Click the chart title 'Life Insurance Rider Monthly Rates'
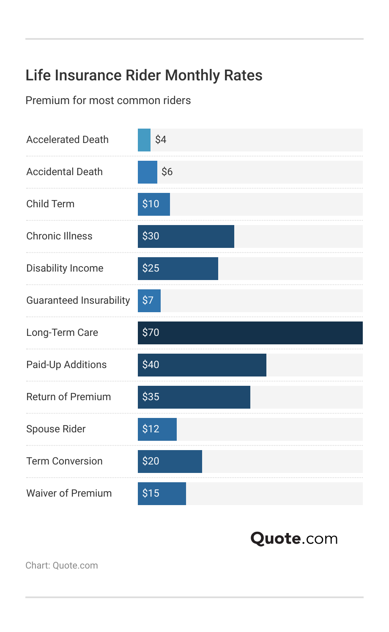144,75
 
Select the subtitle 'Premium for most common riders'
108,100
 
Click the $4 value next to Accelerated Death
161,140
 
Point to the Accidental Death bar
147,172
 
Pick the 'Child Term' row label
50,204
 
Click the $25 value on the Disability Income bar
151,268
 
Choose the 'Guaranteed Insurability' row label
78,300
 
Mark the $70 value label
151,332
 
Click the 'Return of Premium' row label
68,397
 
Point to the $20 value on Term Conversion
151,461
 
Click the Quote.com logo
294,539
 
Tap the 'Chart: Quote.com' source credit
61,566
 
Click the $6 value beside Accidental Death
167,172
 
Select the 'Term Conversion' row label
64,461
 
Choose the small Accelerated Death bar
144,140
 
